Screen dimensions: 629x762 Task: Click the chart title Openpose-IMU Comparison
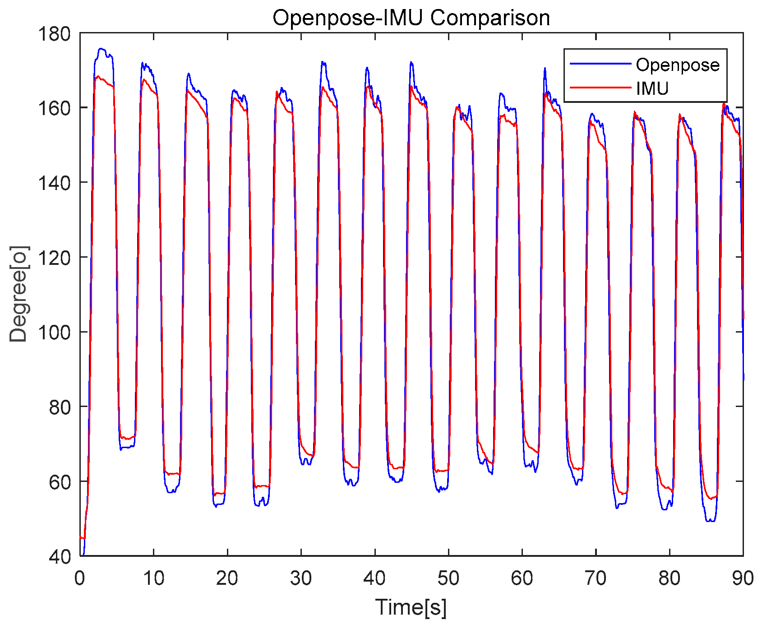[x=411, y=18]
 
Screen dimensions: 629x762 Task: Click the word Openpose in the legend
[x=678, y=65]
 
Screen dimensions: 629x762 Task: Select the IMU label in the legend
[x=652, y=88]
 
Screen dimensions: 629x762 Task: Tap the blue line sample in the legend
[x=600, y=64]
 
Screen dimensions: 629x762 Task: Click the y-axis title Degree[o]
[x=19, y=294]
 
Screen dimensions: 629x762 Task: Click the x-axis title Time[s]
[x=411, y=607]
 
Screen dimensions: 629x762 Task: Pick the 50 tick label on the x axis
[x=448, y=578]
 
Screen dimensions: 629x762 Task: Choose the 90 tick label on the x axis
[x=742, y=578]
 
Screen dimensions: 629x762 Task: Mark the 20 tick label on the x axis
[x=227, y=578]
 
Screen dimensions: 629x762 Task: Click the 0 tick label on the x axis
[x=80, y=578]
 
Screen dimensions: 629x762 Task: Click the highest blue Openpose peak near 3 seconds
[x=101, y=49]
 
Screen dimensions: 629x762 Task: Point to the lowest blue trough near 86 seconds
[x=711, y=520]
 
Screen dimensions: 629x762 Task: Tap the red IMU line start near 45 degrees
[x=81, y=537]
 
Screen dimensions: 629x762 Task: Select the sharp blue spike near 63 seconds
[x=545, y=69]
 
